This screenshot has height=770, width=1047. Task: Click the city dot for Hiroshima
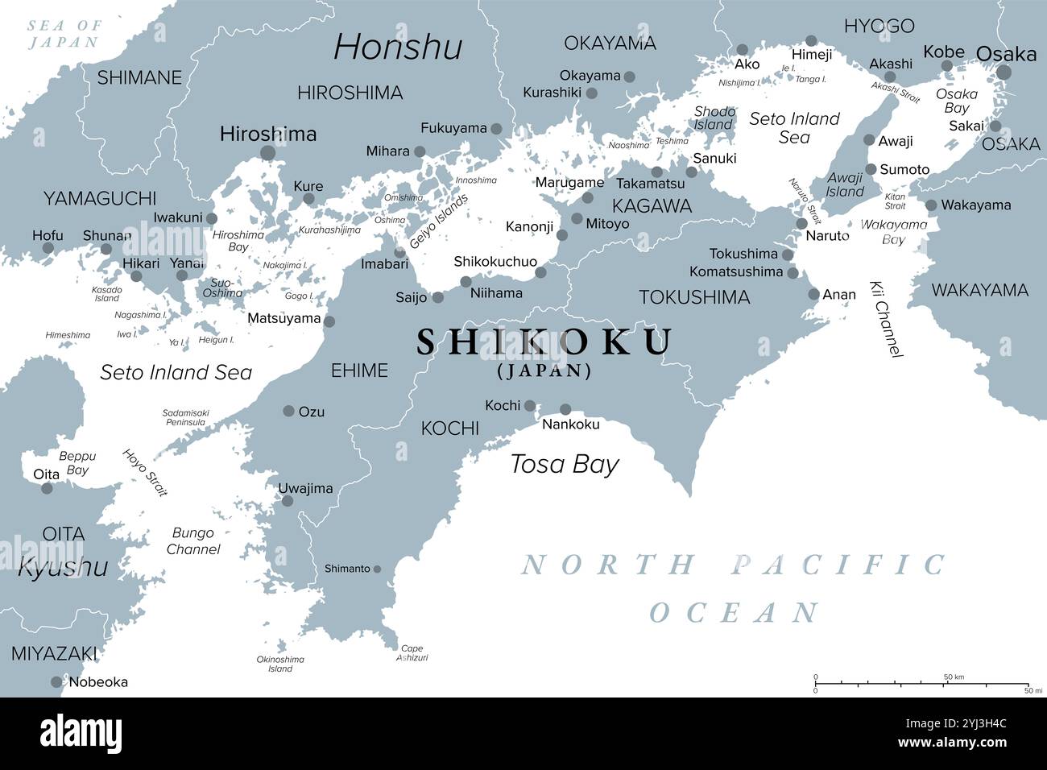pyautogui.click(x=268, y=153)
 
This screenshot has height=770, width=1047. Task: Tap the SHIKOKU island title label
pyautogui.click(x=544, y=342)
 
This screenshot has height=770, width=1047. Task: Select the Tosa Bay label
pyautogui.click(x=565, y=465)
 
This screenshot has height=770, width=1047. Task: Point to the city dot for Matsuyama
pyautogui.click(x=329, y=321)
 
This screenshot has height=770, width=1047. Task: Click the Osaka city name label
pyautogui.click(x=1006, y=54)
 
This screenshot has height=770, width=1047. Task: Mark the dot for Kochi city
pyautogui.click(x=530, y=405)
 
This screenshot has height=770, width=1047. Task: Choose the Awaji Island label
pyautogui.click(x=845, y=185)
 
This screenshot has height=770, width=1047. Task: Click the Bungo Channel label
pyautogui.click(x=192, y=541)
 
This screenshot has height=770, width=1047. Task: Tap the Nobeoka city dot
pyautogui.click(x=56, y=682)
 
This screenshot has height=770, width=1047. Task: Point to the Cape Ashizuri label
pyautogui.click(x=412, y=653)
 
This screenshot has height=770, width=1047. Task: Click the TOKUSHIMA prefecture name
pyautogui.click(x=694, y=297)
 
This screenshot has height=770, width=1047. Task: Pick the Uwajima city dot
pyautogui.click(x=287, y=501)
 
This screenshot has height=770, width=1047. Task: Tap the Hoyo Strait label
pyautogui.click(x=145, y=472)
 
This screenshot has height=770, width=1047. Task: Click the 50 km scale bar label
pyautogui.click(x=954, y=677)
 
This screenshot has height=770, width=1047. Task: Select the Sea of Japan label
pyautogui.click(x=64, y=34)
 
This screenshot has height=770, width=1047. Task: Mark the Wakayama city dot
pyautogui.click(x=931, y=205)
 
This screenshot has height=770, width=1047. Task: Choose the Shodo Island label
pyautogui.click(x=714, y=118)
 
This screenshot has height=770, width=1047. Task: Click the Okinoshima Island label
pyautogui.click(x=280, y=664)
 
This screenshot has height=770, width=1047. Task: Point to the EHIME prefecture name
pyautogui.click(x=359, y=371)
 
